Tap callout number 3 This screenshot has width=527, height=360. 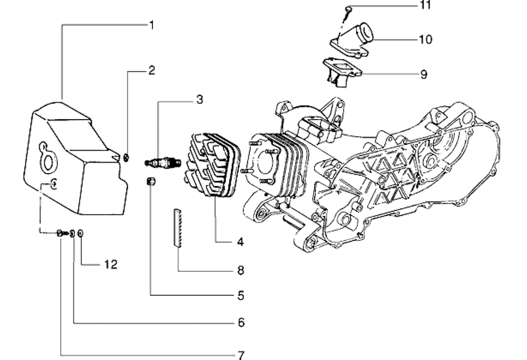click(200, 99)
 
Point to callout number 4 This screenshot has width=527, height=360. click(240, 242)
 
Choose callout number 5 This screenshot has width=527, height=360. click(240, 295)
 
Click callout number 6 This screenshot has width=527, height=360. click(241, 322)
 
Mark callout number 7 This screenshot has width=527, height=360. click(241, 354)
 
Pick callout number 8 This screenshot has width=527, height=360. click(240, 270)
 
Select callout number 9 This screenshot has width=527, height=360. click(424, 74)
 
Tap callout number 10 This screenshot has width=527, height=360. click(426, 40)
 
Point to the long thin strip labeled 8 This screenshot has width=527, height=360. click(177, 227)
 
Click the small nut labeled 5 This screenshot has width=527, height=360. click(151, 181)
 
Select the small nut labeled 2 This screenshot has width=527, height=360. click(126, 157)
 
